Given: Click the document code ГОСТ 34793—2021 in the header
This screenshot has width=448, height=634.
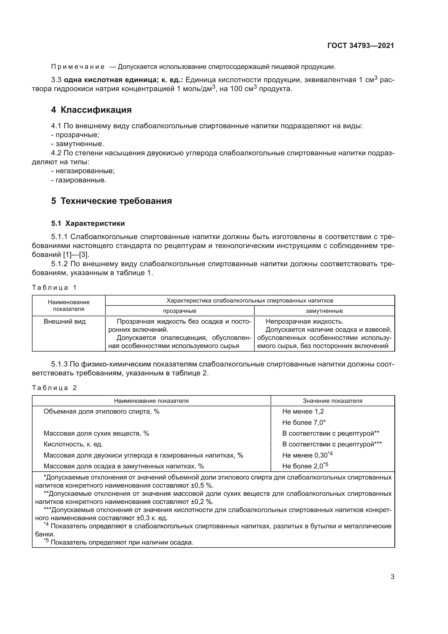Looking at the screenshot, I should click(361, 46).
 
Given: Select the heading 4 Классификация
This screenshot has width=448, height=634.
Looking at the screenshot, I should click(91, 110).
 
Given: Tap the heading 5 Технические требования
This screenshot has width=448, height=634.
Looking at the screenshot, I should click(111, 201).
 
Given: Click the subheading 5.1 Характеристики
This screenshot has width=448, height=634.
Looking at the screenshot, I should click(88, 223).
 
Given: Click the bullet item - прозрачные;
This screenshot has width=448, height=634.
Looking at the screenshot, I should click(75, 135).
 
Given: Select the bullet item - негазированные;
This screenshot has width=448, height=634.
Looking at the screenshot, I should click(83, 171).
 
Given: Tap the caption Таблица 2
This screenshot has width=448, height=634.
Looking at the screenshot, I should click(54, 388).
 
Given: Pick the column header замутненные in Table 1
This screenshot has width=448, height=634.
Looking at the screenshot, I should click(324, 311).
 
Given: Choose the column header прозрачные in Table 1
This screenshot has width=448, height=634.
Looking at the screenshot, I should click(180, 311).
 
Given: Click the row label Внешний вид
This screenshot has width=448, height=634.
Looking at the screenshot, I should click(64, 321).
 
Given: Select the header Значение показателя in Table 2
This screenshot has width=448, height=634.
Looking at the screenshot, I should click(332, 401).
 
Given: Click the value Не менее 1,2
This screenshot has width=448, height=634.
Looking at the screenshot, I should click(303, 411).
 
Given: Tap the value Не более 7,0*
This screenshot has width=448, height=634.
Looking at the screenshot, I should click(304, 423).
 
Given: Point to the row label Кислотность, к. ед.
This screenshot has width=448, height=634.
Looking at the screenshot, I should click(73, 444).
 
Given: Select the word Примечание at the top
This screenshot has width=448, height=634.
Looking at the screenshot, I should click(78, 67).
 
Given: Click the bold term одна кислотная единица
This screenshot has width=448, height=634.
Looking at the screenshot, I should click(109, 80).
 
